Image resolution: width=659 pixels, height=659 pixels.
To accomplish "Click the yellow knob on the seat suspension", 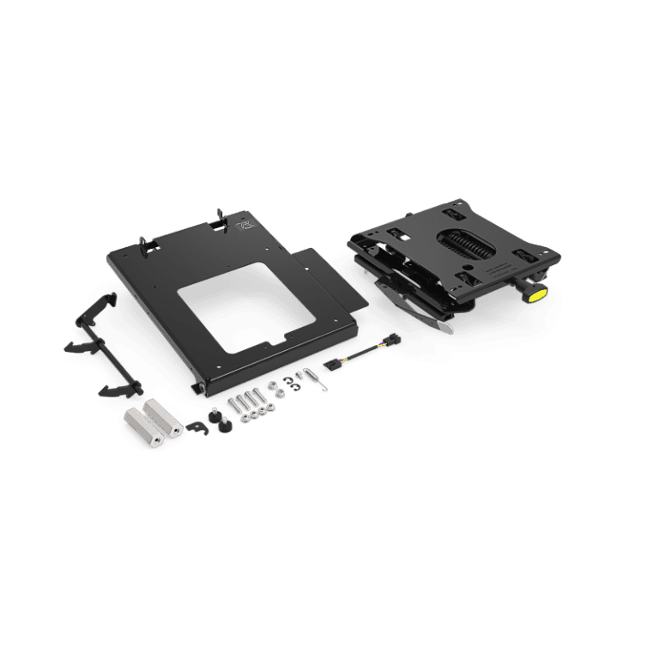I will (535, 293).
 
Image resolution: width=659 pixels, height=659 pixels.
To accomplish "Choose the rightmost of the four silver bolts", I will (258, 396).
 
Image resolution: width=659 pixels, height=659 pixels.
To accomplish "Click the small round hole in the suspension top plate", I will (471, 267).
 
